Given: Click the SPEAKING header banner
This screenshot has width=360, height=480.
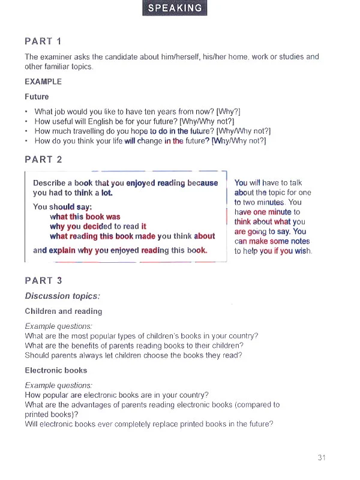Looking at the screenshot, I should (x=175, y=8).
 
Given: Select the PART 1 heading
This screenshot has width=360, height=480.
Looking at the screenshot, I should (x=43, y=41).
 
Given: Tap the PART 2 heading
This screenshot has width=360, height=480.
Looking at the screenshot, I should (x=43, y=160).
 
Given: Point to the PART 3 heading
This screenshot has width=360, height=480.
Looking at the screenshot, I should (x=43, y=280).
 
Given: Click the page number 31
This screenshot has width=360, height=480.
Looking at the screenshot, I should (x=322, y=458).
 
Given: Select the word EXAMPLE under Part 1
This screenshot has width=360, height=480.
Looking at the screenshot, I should (x=43, y=82).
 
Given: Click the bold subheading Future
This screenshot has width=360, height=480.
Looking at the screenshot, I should (x=37, y=97).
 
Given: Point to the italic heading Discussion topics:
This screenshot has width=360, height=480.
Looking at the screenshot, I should (x=62, y=296).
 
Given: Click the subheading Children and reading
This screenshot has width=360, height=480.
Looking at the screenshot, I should (x=64, y=311).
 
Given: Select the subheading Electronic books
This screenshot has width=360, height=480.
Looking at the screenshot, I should (x=56, y=370).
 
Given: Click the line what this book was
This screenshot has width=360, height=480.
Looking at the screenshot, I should (x=85, y=217).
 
